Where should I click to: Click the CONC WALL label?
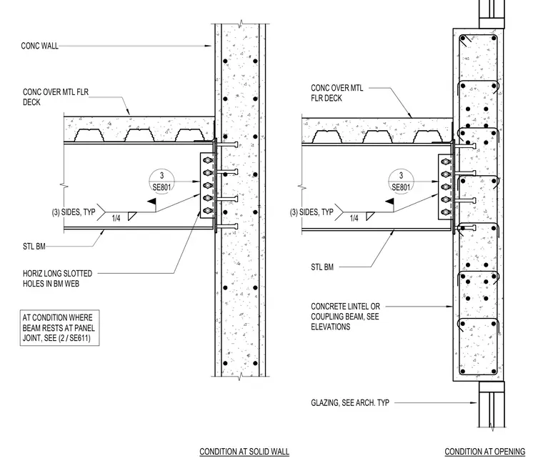[x=39, y=46]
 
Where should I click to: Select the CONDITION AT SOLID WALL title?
[x=244, y=452]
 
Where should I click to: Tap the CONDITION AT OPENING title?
[x=485, y=452]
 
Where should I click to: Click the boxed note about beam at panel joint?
[x=59, y=328]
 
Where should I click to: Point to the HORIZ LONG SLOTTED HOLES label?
[x=57, y=279]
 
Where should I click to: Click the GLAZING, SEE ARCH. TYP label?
[x=350, y=402]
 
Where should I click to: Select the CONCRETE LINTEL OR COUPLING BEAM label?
[x=345, y=317]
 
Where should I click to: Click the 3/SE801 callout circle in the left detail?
[x=161, y=182]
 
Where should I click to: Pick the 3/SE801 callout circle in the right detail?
[x=401, y=182]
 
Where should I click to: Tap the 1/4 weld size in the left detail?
[x=116, y=218]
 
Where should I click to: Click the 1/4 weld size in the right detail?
[x=354, y=218]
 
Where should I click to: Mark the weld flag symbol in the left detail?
[x=151, y=202]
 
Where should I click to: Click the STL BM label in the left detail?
[x=34, y=247]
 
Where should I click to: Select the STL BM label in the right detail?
[x=322, y=267]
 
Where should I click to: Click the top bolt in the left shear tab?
[x=208, y=160]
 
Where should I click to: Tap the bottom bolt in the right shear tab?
[x=446, y=212]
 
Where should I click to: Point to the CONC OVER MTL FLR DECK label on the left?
[x=56, y=97]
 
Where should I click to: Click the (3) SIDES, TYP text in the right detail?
[x=312, y=212]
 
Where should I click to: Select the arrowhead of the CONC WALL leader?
[x=208, y=46]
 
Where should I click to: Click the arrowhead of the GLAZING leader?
[x=474, y=403]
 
